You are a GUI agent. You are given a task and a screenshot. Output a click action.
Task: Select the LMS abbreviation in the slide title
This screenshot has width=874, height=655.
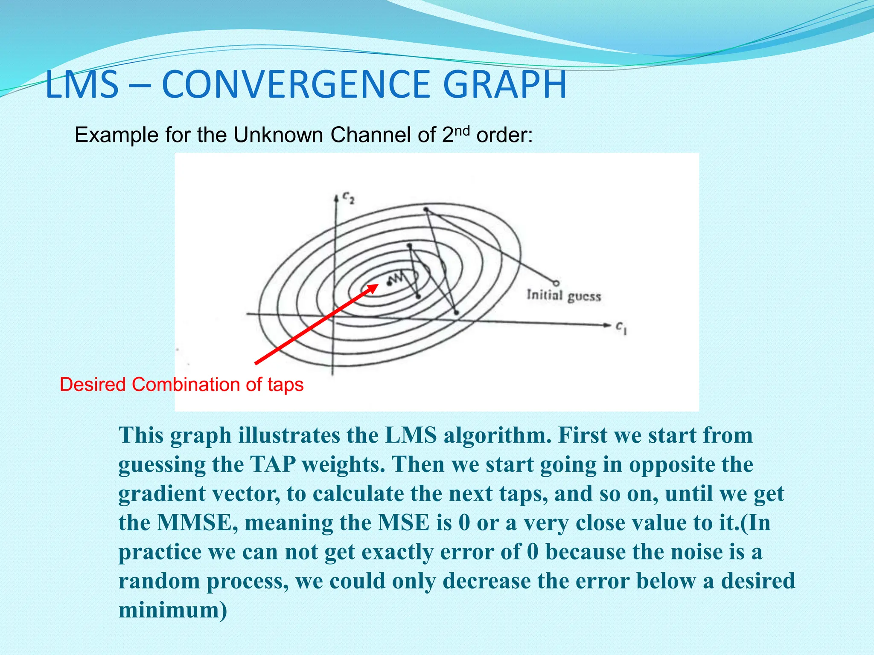click(82, 84)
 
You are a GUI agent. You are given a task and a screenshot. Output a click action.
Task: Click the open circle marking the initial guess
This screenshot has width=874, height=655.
click(556, 283)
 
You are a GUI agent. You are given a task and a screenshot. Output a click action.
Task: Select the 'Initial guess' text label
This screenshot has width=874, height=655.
click(563, 296)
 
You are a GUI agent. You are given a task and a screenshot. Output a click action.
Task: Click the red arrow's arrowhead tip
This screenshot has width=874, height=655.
click(377, 285)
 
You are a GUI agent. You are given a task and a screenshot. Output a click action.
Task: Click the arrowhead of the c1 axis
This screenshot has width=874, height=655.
click(607, 325)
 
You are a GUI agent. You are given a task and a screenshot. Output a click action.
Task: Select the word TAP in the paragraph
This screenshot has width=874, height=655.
click(273, 464)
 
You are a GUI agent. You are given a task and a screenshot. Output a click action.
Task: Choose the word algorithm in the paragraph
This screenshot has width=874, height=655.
click(495, 435)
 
